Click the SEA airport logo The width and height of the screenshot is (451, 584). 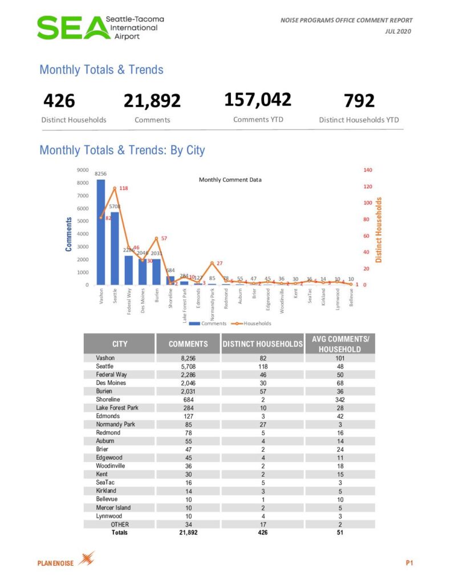coord(100,27)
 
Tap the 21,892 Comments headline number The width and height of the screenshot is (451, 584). coord(152,101)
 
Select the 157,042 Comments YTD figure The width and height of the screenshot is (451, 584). coord(258,99)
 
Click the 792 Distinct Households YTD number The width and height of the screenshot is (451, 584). coord(359,101)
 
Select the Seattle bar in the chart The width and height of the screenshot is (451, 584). coord(115,248)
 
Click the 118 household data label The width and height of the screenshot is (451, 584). coord(123,188)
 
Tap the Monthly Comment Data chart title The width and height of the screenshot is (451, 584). coord(230,180)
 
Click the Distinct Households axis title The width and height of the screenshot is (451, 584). coord(379,230)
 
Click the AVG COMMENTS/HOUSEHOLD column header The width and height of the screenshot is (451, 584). coord(340,344)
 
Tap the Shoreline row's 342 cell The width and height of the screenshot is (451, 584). coord(340,399)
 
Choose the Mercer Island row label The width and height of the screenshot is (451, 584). coord(113,508)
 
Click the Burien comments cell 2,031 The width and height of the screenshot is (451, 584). coord(188,391)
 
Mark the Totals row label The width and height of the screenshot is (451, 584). coord(119,533)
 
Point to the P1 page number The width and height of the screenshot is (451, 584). coord(409,563)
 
